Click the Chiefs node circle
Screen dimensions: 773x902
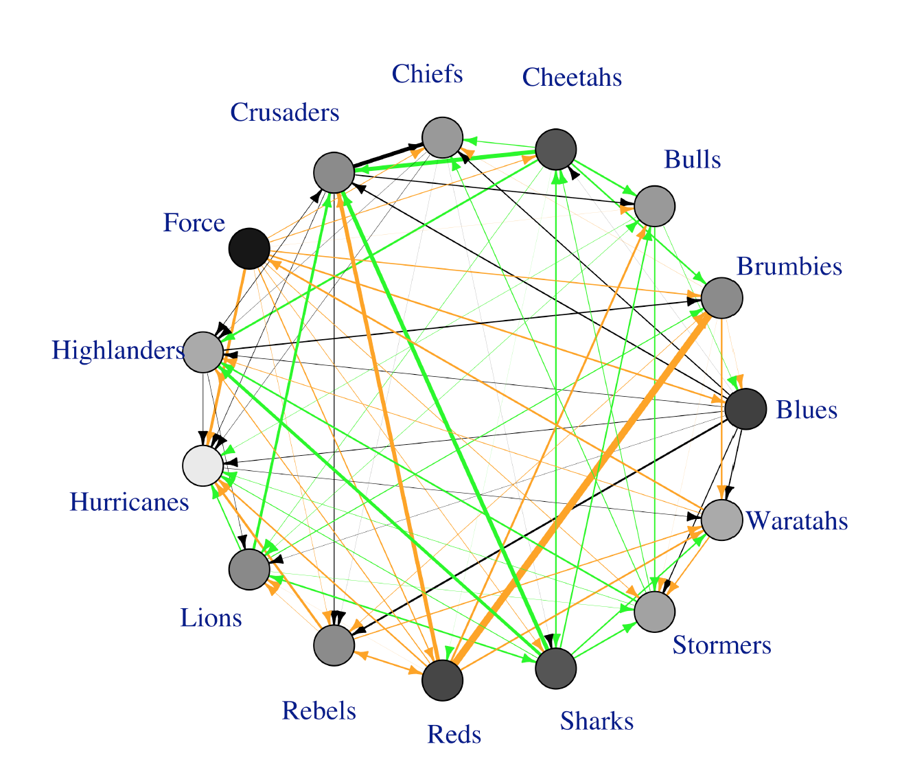(442, 137)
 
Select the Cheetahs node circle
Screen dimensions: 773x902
(555, 149)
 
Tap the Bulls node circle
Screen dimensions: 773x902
(654, 205)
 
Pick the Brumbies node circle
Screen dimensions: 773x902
(721, 298)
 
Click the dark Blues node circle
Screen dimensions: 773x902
(745, 409)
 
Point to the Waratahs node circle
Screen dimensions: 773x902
(721, 520)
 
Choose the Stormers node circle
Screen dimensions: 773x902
(654, 611)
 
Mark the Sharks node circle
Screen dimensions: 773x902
(555, 667)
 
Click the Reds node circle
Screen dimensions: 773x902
(442, 680)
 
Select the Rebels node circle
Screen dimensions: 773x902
(334, 645)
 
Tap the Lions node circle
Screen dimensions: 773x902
(248, 569)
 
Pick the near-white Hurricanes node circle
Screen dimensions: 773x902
(203, 465)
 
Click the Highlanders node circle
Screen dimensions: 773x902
(203, 352)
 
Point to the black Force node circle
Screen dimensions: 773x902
(248, 249)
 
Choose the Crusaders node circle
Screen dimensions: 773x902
(334, 172)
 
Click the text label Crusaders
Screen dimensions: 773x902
(284, 112)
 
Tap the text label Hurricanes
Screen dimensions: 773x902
(129, 503)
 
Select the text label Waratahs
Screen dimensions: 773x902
(796, 521)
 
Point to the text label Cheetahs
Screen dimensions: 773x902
(572, 77)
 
